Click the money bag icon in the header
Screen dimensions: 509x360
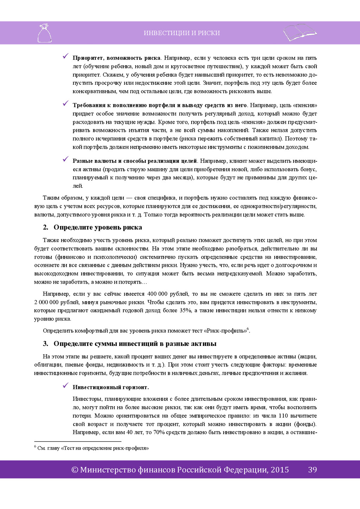point(44,33)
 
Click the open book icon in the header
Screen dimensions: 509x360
point(300,32)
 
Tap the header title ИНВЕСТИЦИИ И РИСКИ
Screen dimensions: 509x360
point(182,33)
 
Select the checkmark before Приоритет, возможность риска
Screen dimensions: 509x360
point(65,56)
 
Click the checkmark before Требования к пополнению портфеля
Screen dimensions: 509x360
point(65,103)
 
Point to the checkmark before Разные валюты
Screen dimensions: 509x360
point(65,159)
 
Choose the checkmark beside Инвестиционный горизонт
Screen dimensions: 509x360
point(65,386)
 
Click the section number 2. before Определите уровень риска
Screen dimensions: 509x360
point(45,227)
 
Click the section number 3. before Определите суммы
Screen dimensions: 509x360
point(45,344)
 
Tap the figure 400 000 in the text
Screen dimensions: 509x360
point(157,294)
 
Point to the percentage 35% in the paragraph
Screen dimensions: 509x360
point(185,310)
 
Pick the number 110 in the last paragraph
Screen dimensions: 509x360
point(283,416)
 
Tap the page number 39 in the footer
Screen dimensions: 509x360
point(312,470)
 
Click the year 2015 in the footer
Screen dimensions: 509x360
point(279,470)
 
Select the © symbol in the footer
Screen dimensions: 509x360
point(75,470)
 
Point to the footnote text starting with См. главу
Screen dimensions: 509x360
point(93,448)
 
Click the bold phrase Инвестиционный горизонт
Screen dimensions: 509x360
point(110,387)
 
